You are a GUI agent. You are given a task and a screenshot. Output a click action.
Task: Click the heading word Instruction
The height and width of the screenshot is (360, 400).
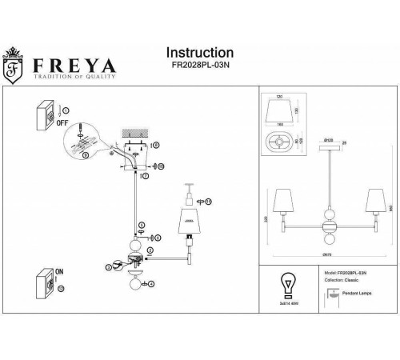(200, 53)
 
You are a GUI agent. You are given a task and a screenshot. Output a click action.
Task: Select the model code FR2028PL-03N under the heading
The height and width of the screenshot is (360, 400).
(200, 68)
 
